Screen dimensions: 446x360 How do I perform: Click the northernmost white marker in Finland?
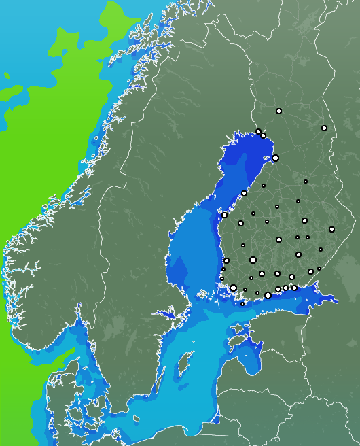278,111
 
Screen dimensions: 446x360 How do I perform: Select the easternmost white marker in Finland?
331,229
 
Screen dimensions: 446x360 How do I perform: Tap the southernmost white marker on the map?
242,304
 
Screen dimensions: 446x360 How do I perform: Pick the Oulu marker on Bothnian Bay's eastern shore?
275,158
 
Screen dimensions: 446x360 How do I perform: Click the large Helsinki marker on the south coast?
268,295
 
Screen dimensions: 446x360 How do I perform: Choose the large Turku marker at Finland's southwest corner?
233,288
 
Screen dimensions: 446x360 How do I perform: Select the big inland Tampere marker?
253,260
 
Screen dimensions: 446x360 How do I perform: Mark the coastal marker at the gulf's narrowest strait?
224,215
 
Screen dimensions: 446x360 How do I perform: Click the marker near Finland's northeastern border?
324,128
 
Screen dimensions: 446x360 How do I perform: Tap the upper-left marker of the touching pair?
258,131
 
